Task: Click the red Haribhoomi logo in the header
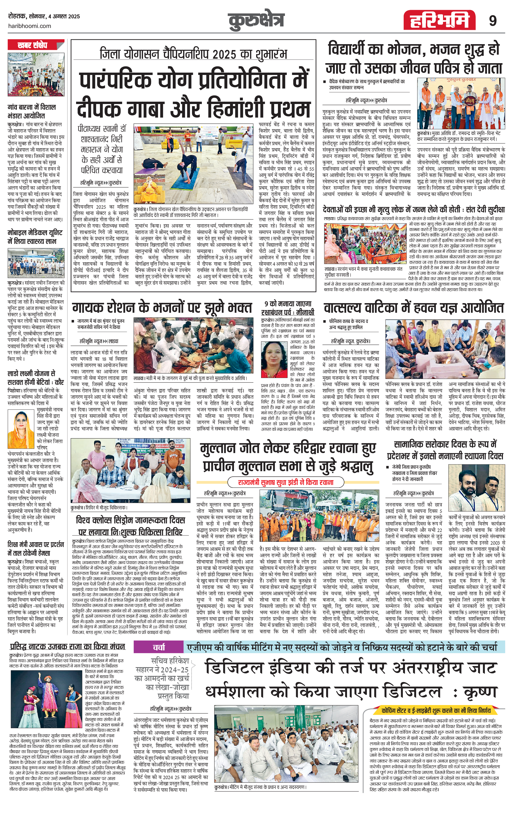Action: pyautogui.click(x=439, y=20)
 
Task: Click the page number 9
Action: pyautogui.click(x=493, y=21)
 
